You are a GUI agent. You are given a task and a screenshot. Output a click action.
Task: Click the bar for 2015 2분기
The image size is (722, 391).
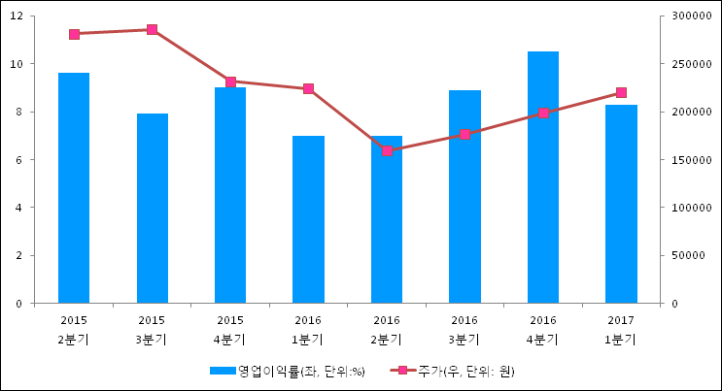74,187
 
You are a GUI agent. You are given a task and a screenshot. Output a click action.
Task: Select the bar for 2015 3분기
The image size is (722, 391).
152,208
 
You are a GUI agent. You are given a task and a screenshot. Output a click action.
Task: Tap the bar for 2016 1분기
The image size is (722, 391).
308,219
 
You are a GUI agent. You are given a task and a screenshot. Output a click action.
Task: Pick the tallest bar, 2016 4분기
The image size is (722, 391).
543,177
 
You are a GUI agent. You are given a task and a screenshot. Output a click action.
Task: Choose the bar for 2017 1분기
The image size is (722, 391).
621,204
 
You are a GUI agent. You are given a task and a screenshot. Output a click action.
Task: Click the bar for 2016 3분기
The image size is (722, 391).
464,196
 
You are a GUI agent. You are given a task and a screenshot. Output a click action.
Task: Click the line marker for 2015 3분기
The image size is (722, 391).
152,30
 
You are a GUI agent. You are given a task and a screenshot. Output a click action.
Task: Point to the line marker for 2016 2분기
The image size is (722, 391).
387,150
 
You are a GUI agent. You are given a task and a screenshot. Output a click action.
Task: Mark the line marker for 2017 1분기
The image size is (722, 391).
621,93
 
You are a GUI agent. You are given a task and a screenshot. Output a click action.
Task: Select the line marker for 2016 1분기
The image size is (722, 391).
308,89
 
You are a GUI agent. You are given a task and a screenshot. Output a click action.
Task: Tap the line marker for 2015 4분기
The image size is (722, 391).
230,82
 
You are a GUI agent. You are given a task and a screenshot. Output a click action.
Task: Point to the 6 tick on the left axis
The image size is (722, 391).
21,160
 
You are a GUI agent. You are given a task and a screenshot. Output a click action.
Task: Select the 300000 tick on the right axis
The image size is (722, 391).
691,16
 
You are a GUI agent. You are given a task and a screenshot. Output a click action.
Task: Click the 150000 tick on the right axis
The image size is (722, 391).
691,160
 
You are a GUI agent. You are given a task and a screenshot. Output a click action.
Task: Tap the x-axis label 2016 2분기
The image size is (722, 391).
387,329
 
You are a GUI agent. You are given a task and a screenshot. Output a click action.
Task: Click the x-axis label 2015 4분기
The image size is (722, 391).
230,329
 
